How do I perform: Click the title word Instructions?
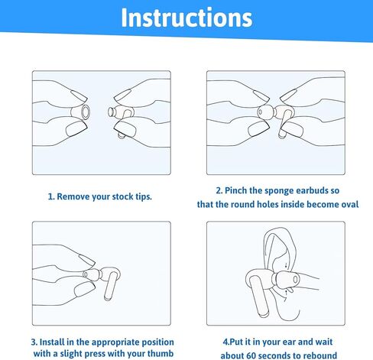186,18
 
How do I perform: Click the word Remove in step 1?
76,196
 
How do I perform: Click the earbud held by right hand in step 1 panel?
120,118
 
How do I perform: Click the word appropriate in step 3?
122,341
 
